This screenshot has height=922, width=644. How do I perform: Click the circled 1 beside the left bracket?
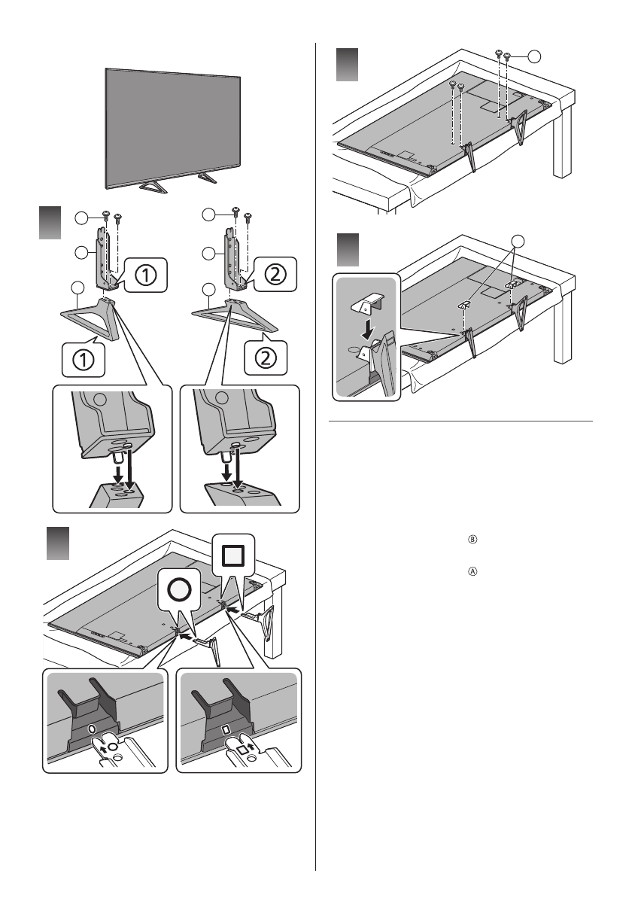(x=146, y=276)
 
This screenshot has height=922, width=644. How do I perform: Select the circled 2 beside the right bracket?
(x=275, y=276)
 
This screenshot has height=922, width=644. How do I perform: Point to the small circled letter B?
(x=473, y=539)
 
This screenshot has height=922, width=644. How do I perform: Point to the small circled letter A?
(x=473, y=571)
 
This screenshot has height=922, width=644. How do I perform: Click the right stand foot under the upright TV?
(x=203, y=177)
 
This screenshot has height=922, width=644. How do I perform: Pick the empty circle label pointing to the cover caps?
(x=517, y=242)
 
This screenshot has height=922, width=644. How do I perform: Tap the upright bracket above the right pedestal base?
(x=229, y=260)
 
